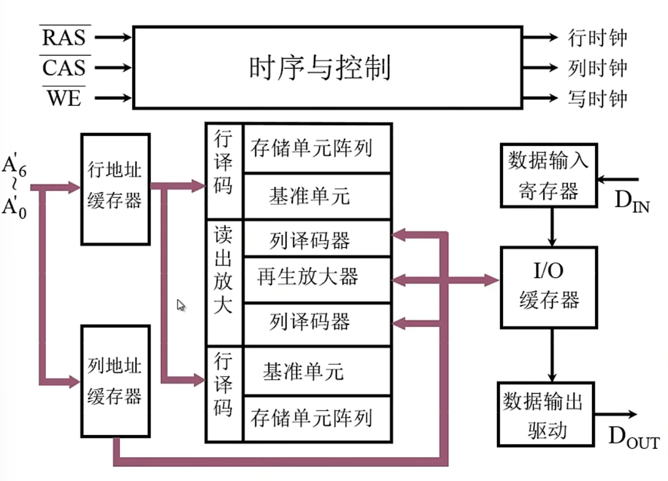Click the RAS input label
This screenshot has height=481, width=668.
click(64, 37)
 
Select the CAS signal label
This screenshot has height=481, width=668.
click(64, 68)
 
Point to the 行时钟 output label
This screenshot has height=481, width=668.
click(597, 38)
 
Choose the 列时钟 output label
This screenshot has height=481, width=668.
click(597, 68)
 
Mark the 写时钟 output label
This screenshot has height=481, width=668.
click(597, 98)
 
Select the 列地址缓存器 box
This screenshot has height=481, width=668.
click(115, 381)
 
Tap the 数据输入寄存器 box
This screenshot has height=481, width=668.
click(548, 174)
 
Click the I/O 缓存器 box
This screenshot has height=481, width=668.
click(549, 286)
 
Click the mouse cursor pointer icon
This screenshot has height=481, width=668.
click(181, 305)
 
